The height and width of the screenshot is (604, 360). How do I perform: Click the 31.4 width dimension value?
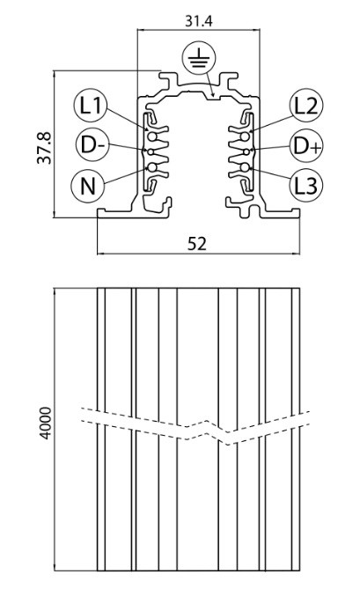198,21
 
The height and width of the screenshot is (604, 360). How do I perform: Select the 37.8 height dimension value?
44,148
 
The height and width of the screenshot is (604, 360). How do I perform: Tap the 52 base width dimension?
197,244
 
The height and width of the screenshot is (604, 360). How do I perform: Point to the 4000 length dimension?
46,423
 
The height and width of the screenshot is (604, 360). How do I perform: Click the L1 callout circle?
90,105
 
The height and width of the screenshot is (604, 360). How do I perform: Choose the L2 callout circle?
306,105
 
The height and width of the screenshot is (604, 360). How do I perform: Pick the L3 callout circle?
306,186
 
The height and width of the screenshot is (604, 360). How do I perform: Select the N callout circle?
88,186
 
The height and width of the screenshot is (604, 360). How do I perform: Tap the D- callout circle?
92,145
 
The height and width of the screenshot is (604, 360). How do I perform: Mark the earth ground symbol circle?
199,57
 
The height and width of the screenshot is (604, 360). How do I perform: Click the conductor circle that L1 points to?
152,136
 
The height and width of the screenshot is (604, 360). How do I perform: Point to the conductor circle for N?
152,167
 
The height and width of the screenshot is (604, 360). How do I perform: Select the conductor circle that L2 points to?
244,136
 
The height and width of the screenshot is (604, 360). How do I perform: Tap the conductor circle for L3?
244,167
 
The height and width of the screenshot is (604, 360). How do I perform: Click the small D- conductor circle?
151,151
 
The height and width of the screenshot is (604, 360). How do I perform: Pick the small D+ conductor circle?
246,151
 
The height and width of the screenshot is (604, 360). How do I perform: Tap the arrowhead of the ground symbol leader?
212,94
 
